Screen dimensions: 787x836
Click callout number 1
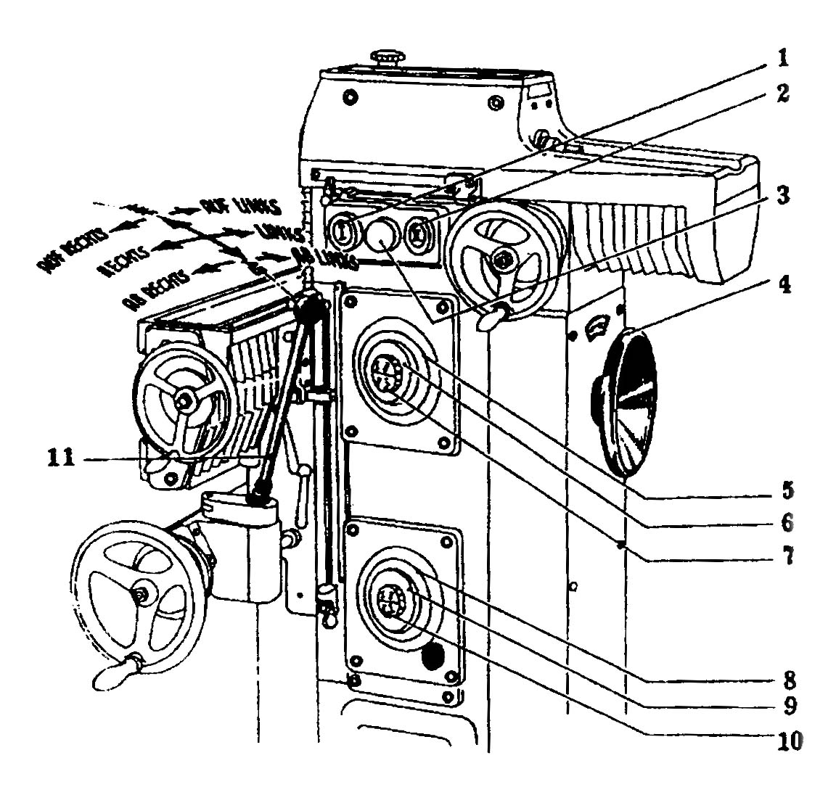point(782,57)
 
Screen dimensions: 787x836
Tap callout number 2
point(782,94)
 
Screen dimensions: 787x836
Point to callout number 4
point(782,284)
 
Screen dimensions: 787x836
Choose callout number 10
point(782,741)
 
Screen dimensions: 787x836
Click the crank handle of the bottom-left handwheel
point(115,669)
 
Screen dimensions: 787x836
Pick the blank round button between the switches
point(382,234)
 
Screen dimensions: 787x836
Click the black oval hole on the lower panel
point(433,657)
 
